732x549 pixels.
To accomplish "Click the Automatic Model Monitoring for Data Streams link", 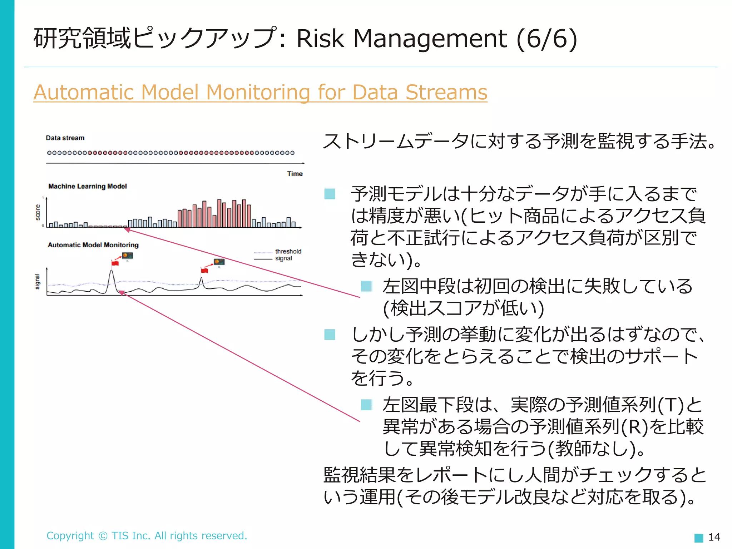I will click(260, 92).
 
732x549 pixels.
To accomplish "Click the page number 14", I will click(714, 537).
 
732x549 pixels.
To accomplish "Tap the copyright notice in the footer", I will click(147, 535).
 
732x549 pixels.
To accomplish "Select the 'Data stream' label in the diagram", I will click(65, 138).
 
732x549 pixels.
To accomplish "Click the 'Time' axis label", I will click(295, 174).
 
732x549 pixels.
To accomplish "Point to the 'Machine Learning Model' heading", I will click(88, 186).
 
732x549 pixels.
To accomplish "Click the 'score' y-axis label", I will click(38, 212).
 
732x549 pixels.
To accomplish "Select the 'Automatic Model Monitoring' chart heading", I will click(93, 245).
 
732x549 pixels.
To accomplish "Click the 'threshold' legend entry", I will click(288, 251).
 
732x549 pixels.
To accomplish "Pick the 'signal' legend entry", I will click(283, 258).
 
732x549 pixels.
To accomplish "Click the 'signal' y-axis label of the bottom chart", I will click(37, 282).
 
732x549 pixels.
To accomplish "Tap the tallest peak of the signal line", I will click(112, 271).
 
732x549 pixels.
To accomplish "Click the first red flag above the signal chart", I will click(115, 263).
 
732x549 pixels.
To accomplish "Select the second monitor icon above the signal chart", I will click(219, 262).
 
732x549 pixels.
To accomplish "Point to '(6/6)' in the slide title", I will click(547, 39).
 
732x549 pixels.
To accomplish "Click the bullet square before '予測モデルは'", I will click(330, 194).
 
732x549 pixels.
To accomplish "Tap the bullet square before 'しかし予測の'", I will click(330, 335).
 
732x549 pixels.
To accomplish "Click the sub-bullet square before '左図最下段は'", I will click(366, 405).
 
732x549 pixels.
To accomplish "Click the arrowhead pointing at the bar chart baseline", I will click(127, 230).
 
